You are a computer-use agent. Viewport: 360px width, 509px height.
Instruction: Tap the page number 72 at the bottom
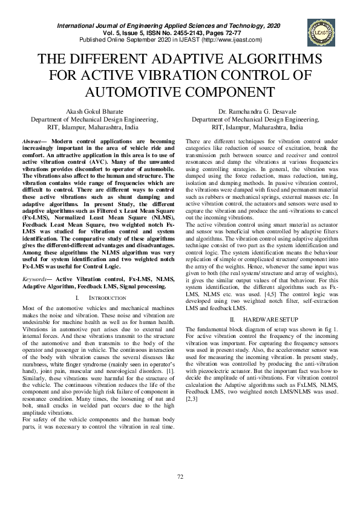pyautogui.click(x=180, y=478)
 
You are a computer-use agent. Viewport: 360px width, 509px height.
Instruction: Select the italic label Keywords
pyautogui.click(x=36, y=279)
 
